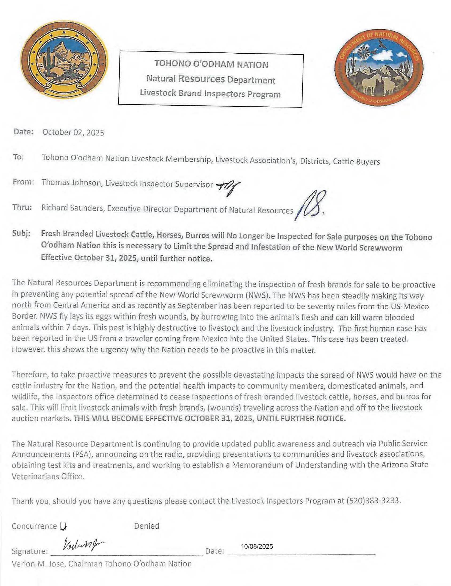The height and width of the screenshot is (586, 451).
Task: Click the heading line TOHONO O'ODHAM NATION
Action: pos(211,65)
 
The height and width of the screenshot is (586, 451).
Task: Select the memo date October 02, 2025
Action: pos(73,133)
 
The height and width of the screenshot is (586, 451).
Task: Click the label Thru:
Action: pos(22,208)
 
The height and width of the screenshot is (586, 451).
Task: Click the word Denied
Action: pos(147,526)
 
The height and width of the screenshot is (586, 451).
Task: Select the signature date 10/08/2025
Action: pos(257,546)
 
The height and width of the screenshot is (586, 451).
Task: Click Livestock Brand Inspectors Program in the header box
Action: pos(210,94)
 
